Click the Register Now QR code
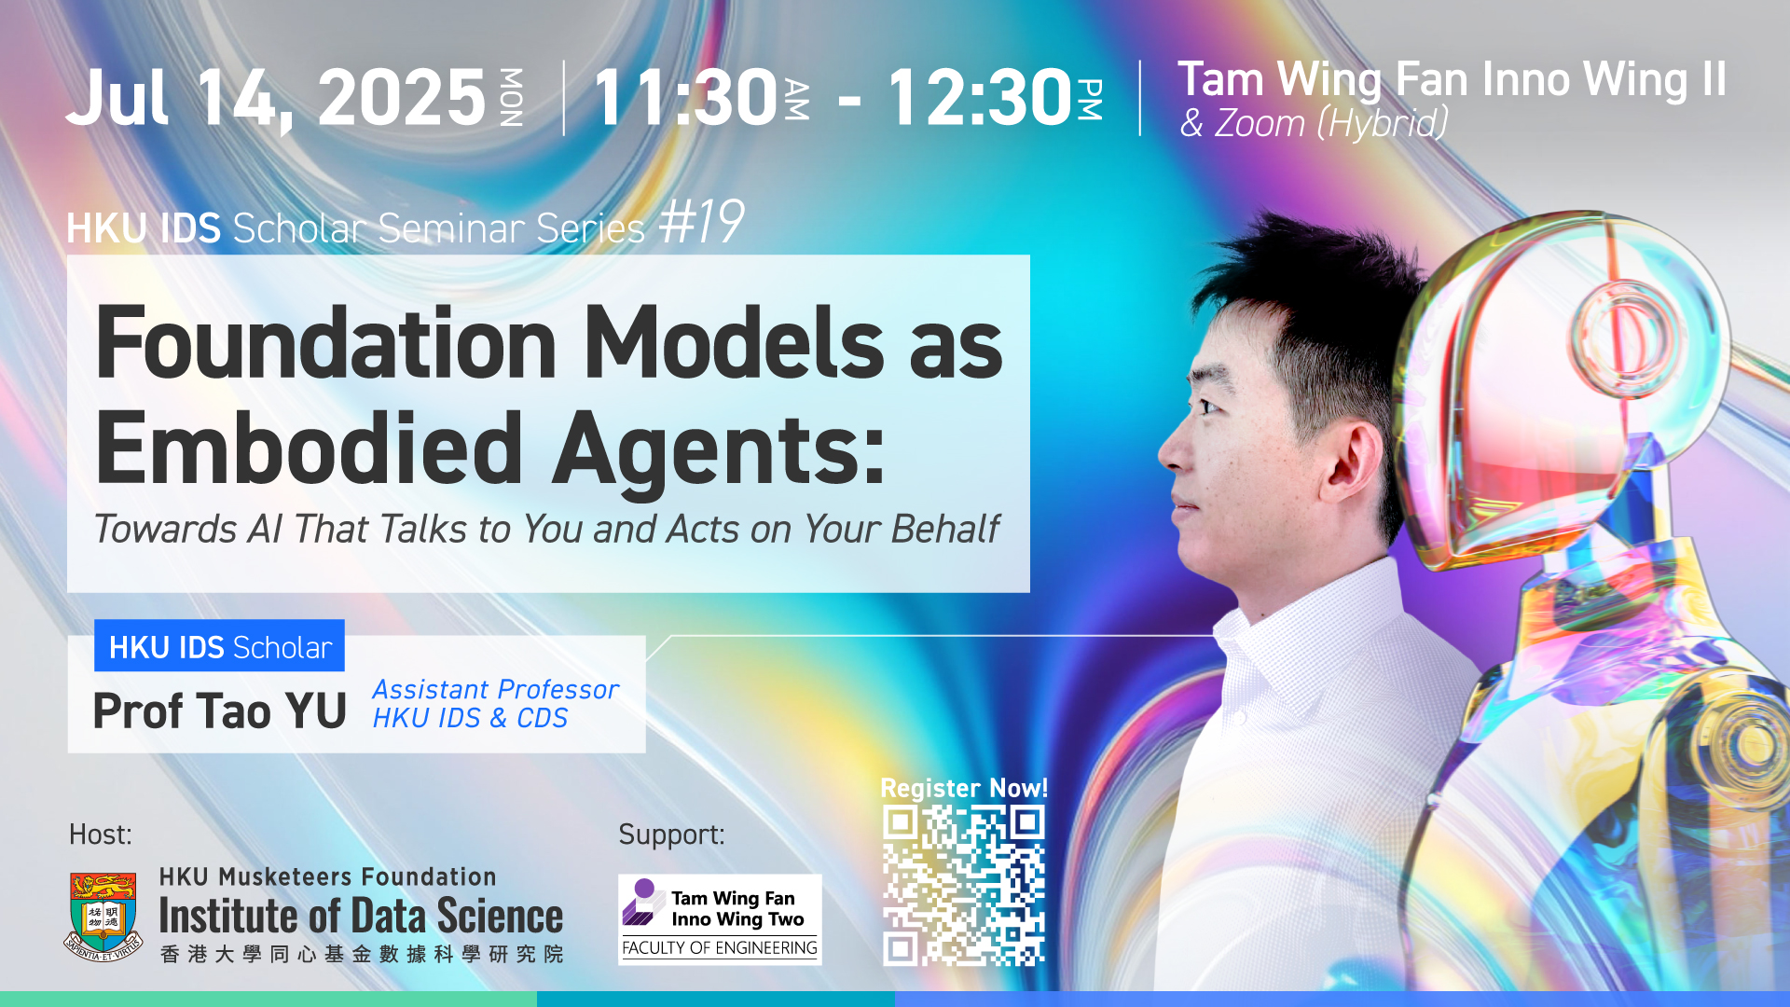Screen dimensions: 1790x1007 [x=964, y=886]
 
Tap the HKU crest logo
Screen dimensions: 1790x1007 [x=103, y=916]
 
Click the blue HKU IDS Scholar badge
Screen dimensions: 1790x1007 [x=219, y=646]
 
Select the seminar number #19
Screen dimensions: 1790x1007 [x=701, y=223]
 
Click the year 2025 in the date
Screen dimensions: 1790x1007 [x=402, y=97]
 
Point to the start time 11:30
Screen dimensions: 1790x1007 [x=685, y=97]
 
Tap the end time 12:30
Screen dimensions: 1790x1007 [x=980, y=97]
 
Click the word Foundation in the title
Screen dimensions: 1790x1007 [x=326, y=344]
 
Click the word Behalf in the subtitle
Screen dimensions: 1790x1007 [x=945, y=529]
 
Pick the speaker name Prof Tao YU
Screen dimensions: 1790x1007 [x=219, y=710]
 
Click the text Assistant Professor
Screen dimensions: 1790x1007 [x=496, y=689]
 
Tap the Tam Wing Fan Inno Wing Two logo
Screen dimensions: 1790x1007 [x=720, y=919]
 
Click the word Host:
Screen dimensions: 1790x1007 [x=101, y=835]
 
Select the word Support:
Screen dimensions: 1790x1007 [x=671, y=835]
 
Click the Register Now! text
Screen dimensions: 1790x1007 [x=964, y=788]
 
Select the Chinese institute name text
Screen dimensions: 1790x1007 [x=362, y=954]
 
